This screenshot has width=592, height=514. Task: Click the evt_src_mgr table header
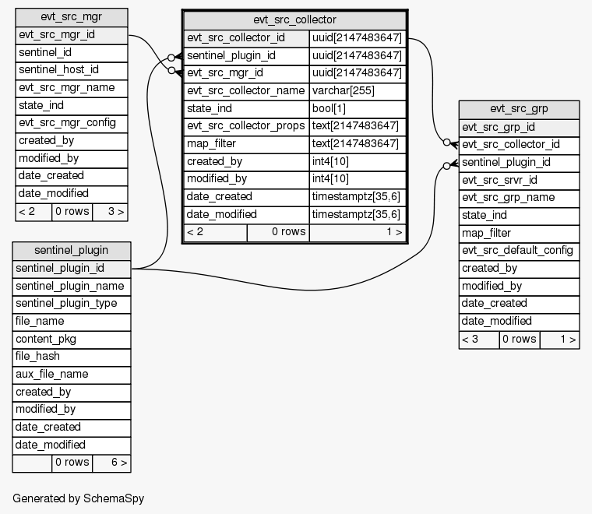[x=71, y=17]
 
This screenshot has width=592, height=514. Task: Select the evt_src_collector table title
[x=294, y=19]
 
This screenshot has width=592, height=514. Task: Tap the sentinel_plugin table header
[x=71, y=251]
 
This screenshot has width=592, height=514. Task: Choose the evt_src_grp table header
[x=519, y=109]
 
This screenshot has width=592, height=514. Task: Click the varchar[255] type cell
[x=343, y=90]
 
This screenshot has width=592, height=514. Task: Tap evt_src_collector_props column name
[x=244, y=126]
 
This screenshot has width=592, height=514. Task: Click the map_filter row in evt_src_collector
[x=213, y=144]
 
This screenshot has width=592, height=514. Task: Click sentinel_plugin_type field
[x=66, y=304]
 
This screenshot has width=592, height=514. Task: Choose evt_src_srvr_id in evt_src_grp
[x=499, y=180]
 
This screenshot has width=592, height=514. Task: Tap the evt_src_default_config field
[x=517, y=250]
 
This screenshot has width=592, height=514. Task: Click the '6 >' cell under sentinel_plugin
[x=111, y=463]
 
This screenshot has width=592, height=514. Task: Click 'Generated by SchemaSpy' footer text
[x=78, y=498]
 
